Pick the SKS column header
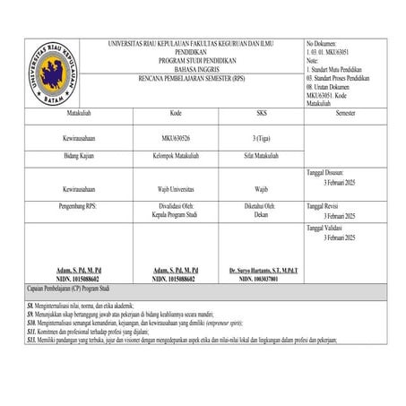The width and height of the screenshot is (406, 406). click(262, 116)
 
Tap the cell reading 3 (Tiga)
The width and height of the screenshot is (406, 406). click(262, 139)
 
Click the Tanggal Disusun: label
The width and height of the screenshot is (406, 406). click(331, 172)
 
